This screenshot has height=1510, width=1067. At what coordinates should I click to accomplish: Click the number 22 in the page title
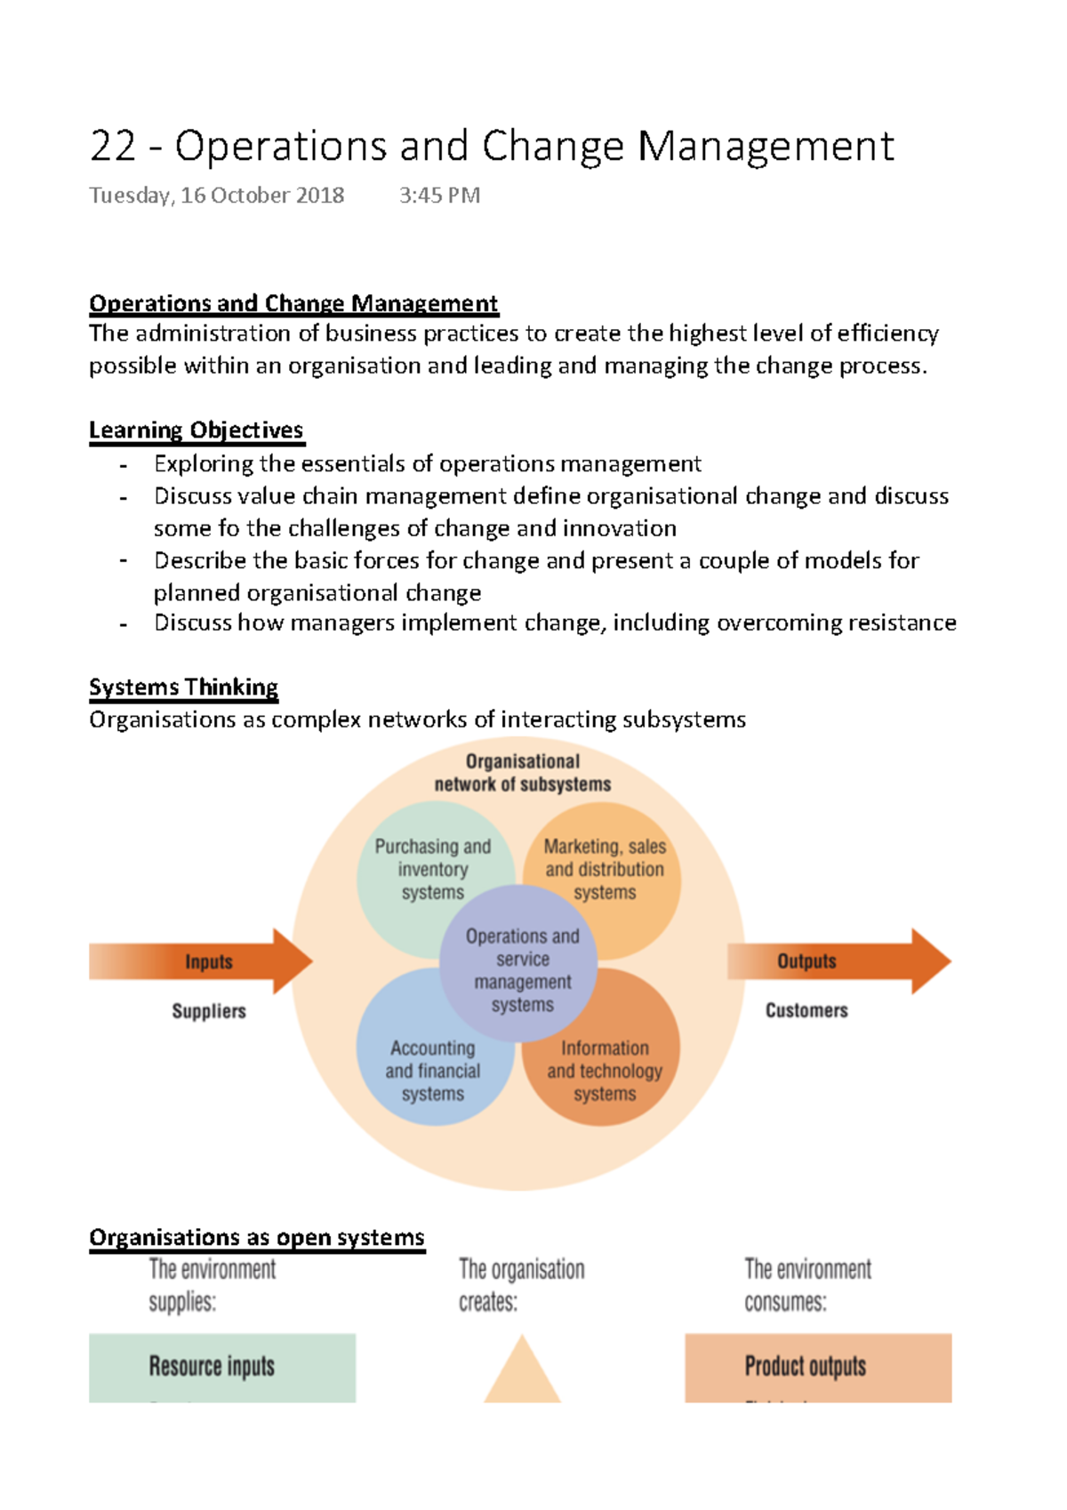[x=113, y=147]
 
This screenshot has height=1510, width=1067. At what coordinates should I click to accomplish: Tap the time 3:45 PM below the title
[x=439, y=196]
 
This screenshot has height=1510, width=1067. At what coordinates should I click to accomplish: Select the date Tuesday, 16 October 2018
[x=216, y=196]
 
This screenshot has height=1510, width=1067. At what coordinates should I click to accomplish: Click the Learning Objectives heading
[x=196, y=430]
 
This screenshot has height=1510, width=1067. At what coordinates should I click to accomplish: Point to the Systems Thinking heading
[x=183, y=687]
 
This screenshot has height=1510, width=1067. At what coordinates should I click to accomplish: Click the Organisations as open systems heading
[x=256, y=1237]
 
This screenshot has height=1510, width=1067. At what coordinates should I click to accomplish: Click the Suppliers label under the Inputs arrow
[x=209, y=1011]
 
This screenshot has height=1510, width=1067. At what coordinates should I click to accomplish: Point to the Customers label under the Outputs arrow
[x=806, y=1010]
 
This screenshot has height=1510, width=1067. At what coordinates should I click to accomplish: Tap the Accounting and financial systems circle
[x=418, y=1072]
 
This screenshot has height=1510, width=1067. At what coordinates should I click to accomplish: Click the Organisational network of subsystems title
[x=523, y=773]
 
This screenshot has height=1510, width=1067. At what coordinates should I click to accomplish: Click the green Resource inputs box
[x=221, y=1367]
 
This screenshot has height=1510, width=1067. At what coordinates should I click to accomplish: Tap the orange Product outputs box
[x=818, y=1367]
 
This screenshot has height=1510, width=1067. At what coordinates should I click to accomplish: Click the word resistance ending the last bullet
[x=902, y=622]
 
